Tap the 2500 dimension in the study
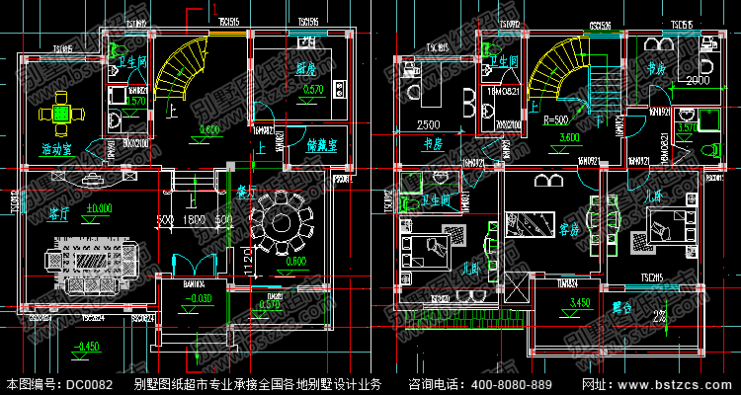428,125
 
